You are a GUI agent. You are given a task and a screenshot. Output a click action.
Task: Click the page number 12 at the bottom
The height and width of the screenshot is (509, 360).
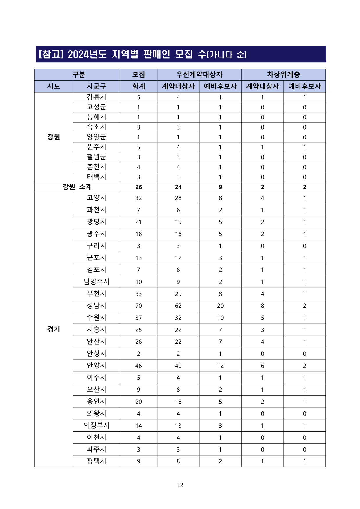180,485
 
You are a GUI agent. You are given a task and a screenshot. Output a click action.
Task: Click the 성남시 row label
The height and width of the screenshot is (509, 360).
96,305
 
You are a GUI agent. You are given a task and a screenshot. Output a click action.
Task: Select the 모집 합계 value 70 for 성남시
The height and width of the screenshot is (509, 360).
138,306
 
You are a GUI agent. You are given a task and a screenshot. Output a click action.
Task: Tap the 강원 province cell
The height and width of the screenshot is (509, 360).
53,137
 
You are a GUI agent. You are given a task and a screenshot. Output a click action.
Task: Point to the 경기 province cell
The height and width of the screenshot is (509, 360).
53,329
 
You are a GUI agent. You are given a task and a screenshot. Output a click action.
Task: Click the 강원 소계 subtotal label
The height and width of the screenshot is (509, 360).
77,187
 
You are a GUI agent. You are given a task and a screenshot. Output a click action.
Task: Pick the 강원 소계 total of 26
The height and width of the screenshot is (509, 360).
138,187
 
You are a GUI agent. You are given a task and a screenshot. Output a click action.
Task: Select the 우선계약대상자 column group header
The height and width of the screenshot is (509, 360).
199,75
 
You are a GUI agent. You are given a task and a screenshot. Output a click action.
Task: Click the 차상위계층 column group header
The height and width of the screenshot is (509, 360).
283,75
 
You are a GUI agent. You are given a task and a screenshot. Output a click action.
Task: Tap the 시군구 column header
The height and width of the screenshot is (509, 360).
96,86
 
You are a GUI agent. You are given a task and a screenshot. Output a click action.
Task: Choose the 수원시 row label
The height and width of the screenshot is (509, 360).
96,318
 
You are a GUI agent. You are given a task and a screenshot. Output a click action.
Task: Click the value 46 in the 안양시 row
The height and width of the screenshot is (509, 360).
138,366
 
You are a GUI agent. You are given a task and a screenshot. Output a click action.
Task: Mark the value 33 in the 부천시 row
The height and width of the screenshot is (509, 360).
138,294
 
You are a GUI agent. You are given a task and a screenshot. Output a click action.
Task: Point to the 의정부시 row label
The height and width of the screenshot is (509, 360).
96,425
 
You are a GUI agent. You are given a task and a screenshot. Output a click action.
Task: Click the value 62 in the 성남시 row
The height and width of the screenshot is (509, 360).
178,306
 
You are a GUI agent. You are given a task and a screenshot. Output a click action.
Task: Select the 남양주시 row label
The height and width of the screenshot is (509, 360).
96,282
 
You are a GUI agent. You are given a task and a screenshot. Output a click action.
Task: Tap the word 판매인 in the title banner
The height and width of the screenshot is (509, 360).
156,54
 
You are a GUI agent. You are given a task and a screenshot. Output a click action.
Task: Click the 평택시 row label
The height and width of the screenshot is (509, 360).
96,461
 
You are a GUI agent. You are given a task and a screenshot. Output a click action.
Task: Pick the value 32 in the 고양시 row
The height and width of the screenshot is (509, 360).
138,198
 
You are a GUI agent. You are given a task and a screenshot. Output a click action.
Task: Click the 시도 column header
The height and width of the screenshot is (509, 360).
53,86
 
